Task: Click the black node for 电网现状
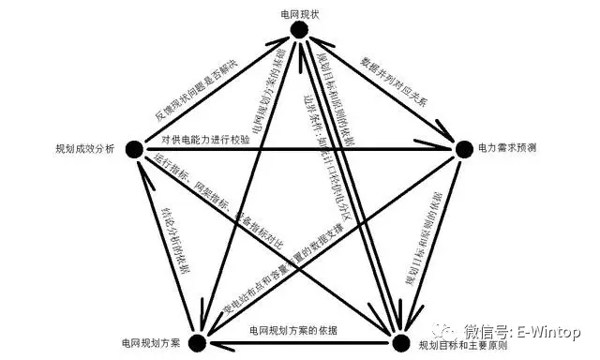(x=299, y=31)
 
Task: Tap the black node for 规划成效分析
(x=134, y=148)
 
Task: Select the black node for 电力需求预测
(x=462, y=148)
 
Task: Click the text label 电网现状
(x=299, y=12)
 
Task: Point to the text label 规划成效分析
(x=85, y=148)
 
